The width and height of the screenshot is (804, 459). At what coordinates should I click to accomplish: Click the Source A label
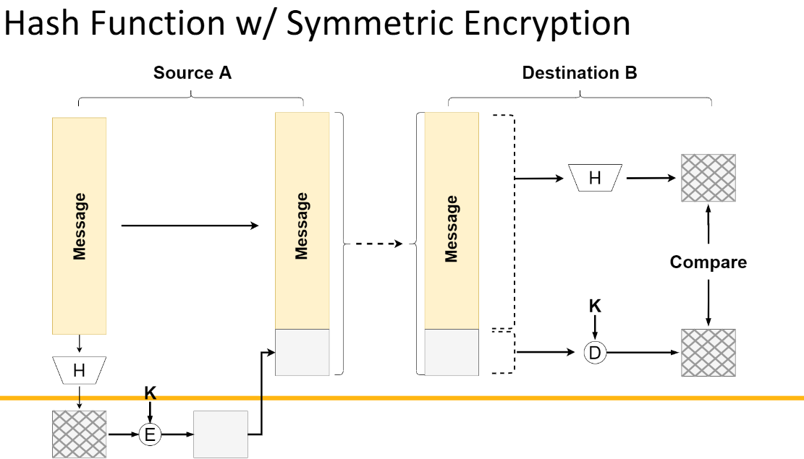[192, 73]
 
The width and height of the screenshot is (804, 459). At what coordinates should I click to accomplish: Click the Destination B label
[580, 73]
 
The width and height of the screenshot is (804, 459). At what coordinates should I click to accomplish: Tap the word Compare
[708, 262]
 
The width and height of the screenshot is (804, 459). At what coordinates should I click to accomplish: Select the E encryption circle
[151, 434]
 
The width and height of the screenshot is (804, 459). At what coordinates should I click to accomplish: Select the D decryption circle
[595, 353]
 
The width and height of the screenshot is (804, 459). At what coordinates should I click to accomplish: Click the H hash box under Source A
[79, 371]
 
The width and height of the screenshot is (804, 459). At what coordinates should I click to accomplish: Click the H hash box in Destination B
[595, 178]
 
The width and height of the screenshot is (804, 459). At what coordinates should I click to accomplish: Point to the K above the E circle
[151, 393]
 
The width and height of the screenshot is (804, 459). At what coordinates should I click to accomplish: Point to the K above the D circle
[595, 306]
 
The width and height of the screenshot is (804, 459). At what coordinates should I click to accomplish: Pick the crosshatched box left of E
[79, 434]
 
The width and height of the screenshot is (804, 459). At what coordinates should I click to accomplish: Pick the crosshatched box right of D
[708, 353]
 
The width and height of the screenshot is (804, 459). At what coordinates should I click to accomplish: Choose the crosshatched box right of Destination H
[708, 178]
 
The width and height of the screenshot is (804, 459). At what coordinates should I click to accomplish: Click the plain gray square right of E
[221, 434]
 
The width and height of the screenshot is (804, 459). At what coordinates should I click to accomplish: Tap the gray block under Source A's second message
[302, 352]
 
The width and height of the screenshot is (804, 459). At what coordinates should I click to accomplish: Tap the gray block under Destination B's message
[452, 352]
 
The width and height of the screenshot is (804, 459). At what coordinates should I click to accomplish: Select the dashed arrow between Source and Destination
[373, 244]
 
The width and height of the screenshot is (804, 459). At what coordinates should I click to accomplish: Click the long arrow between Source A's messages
[190, 226]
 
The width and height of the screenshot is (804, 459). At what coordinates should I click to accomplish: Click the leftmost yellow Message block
[79, 226]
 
